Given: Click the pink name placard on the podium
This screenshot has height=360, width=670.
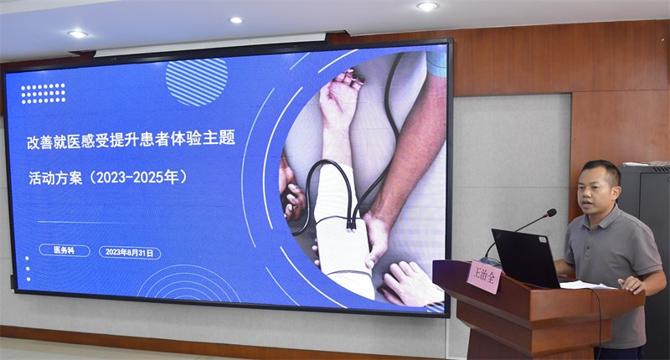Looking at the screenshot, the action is coord(485,276).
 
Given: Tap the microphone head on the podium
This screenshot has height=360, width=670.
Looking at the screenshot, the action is coord(551,213).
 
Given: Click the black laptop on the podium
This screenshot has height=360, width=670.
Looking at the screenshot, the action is coord(527,259).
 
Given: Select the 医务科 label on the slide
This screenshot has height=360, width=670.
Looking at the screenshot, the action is coord(64,250).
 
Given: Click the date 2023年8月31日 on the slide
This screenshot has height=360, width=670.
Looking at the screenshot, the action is coord(130,253).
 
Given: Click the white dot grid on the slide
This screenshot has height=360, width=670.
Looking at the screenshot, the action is coord(44,94).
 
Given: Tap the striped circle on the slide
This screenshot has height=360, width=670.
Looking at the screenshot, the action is coord(197,82).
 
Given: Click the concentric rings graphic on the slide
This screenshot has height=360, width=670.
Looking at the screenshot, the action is coord(188,284).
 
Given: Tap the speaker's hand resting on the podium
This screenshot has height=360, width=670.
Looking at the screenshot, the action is coord(631,285).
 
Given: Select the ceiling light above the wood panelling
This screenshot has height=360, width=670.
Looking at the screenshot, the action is coord(427,6).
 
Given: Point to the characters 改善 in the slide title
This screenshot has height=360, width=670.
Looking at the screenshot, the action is coord(40,142).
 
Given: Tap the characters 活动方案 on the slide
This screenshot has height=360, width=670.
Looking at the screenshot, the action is coord(55,177).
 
